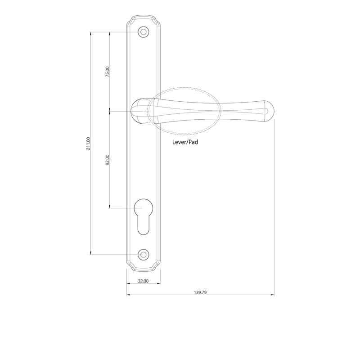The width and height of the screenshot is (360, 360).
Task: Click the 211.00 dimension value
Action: tap(89, 144)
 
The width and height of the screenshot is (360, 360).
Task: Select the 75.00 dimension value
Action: tap(107, 72)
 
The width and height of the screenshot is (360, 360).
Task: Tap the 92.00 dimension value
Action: tap(107, 160)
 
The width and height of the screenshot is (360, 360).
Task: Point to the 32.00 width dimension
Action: tap(143, 281)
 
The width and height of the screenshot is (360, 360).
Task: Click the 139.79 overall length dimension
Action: tap(200, 292)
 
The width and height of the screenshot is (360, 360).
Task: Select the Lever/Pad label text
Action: tap(185, 142)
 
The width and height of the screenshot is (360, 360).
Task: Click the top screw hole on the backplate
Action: tap(144, 32)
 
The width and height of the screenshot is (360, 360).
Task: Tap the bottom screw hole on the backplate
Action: tap(144, 254)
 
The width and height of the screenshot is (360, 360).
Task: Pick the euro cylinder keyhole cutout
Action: tap(144, 216)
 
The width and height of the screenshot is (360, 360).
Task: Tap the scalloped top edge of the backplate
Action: tap(144, 18)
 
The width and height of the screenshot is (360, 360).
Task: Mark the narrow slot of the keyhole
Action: tap(144, 225)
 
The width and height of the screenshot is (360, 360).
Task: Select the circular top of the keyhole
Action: tap(144, 208)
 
